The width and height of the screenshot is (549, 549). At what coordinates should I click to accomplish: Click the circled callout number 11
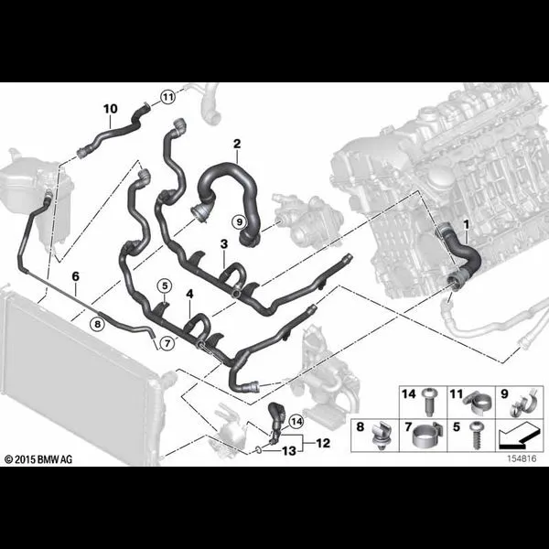tap(168, 97)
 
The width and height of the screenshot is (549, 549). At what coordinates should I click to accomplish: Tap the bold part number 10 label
tap(111, 109)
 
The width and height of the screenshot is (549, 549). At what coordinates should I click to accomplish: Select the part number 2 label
tap(237, 144)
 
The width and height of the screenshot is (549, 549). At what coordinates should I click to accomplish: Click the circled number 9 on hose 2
tap(240, 222)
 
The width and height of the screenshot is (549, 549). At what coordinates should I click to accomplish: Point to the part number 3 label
tap(224, 244)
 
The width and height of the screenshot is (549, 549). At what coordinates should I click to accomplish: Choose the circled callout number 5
tap(165, 286)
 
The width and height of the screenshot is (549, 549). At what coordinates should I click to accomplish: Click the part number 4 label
tap(189, 294)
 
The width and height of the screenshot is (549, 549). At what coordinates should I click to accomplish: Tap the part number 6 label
tap(76, 276)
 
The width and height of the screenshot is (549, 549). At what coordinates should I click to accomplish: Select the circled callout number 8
tap(97, 324)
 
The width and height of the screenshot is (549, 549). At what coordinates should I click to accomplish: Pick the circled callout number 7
tap(167, 343)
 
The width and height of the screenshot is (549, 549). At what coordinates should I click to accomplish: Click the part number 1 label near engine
tap(467, 224)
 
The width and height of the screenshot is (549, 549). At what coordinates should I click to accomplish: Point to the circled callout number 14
tap(296, 422)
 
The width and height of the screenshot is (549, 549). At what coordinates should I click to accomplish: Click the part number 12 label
tap(323, 443)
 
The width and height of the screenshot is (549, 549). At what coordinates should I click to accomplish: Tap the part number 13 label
tap(289, 451)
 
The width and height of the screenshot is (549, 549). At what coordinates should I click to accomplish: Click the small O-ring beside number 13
tap(258, 449)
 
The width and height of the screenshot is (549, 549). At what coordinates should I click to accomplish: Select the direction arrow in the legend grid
tap(519, 436)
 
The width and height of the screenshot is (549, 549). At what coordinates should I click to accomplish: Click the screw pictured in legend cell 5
tap(477, 436)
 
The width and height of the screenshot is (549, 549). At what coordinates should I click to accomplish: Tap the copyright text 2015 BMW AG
tap(38, 459)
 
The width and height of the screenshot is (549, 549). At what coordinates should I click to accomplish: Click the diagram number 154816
tap(522, 458)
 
